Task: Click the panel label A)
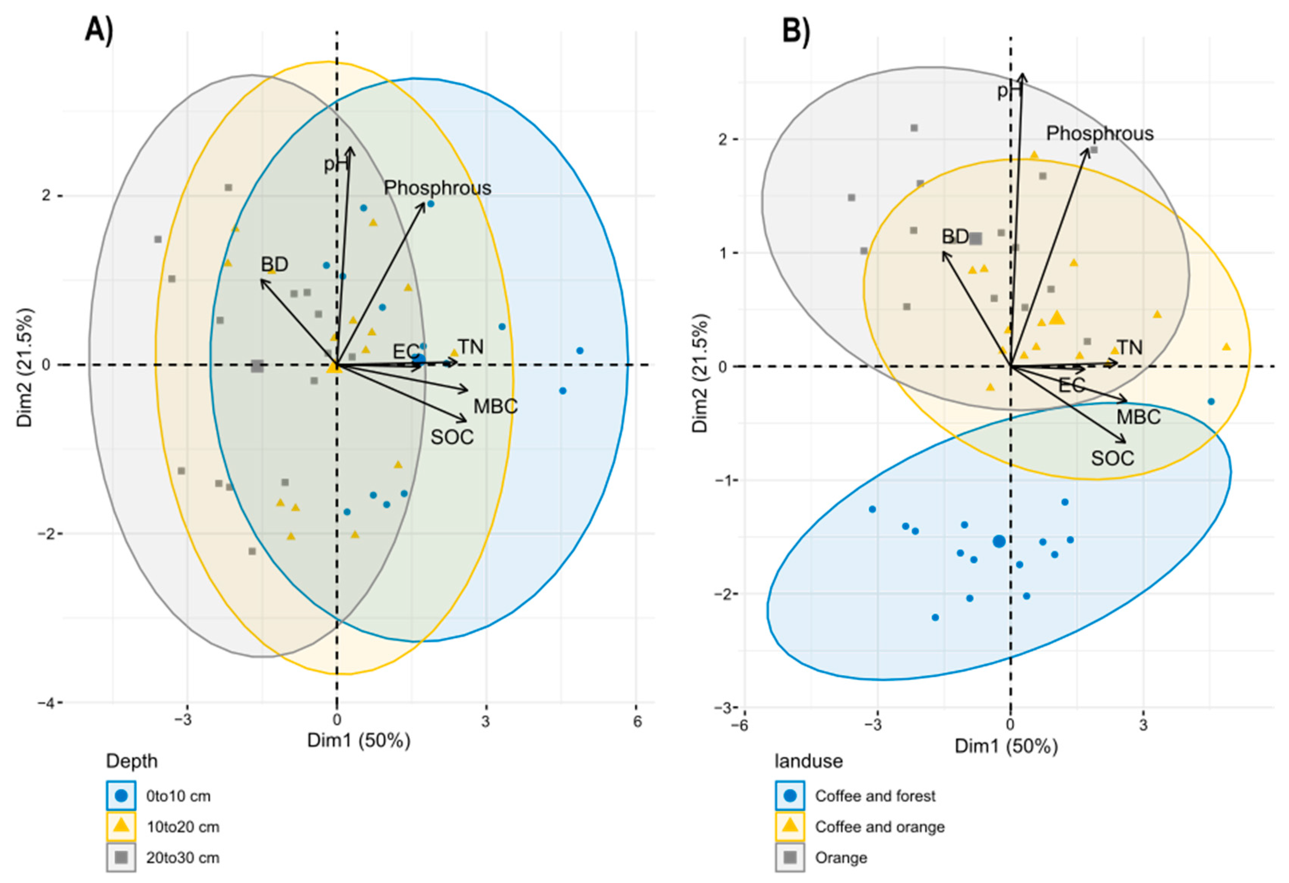(99, 29)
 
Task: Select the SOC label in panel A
(452, 438)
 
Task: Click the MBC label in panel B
(1138, 416)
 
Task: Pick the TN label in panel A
(470, 347)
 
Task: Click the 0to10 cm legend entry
(178, 796)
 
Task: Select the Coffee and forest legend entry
(875, 796)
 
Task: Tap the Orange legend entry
(840, 858)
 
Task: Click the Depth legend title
(132, 761)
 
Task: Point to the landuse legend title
(808, 761)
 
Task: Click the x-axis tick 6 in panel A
(637, 721)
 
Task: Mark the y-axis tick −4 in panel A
(46, 703)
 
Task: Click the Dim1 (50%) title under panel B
(1006, 746)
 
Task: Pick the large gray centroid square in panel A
(257, 366)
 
